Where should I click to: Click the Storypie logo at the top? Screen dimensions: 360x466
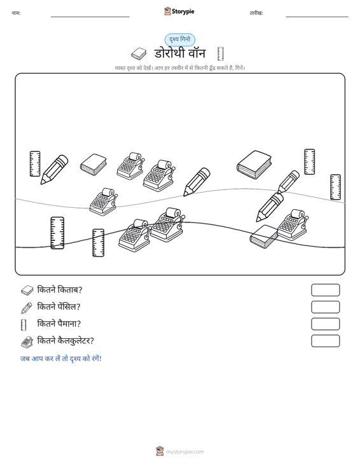[x=179, y=11]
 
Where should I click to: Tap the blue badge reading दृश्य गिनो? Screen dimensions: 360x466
[x=180, y=39]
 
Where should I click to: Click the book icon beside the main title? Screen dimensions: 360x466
[x=139, y=54]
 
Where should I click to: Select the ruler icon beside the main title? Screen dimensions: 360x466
[x=220, y=54]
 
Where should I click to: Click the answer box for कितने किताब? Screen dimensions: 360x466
[x=325, y=290]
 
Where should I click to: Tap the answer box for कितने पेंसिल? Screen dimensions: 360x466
[x=325, y=307]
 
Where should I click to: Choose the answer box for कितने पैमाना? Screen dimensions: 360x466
[x=325, y=324]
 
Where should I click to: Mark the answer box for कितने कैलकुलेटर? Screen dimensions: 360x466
[x=325, y=341]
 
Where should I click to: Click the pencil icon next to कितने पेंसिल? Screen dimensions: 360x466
[x=27, y=308]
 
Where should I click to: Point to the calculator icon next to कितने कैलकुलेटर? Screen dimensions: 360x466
[x=27, y=342]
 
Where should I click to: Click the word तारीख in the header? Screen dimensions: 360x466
[x=256, y=13]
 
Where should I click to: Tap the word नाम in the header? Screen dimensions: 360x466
[x=16, y=13]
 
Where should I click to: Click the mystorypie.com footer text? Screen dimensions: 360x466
[x=184, y=452]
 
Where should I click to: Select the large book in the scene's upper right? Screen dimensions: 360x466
[x=254, y=165]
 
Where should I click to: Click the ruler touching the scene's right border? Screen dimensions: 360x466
[x=336, y=187]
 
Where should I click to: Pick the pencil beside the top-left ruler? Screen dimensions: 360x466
[x=54, y=169]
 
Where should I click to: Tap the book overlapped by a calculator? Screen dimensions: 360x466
[x=263, y=236]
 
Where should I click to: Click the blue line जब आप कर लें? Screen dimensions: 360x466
[x=61, y=359]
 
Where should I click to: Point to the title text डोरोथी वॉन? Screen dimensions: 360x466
[x=180, y=53]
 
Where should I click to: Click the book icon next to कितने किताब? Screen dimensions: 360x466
[x=27, y=291]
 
